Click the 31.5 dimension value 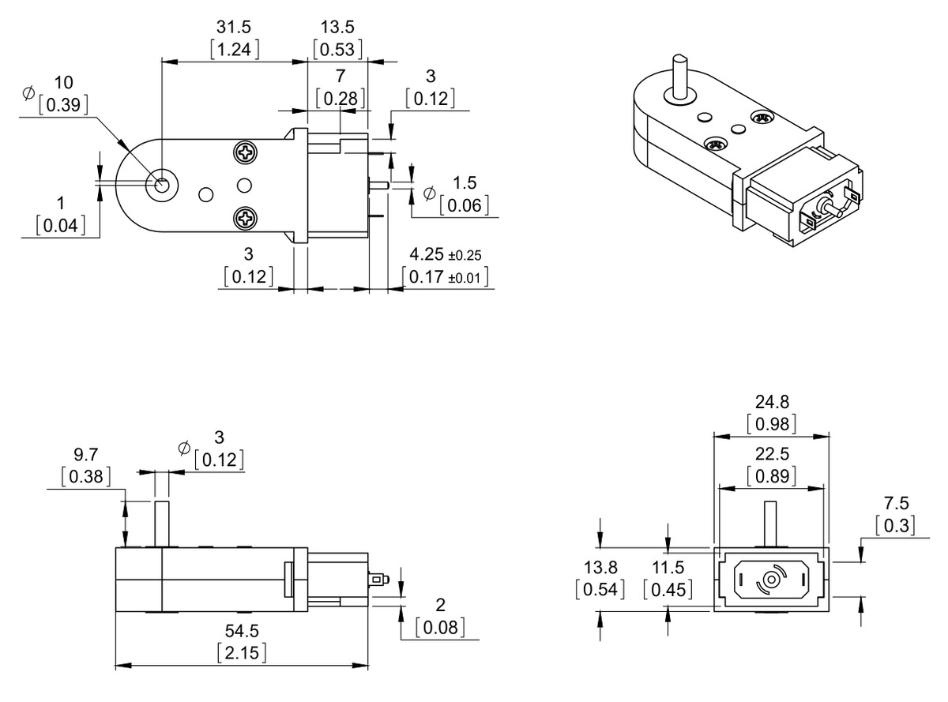(233, 27)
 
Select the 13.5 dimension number (337, 27)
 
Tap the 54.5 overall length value (242, 631)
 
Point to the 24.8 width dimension (772, 402)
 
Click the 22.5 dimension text (772, 453)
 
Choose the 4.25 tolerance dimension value (427, 254)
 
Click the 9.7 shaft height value (86, 455)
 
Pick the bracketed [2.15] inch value (242, 653)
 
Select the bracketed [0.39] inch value (63, 105)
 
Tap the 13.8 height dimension (600, 568)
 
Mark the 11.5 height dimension (668, 568)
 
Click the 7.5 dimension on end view (897, 503)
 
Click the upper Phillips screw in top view (246, 152)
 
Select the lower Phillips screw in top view (246, 220)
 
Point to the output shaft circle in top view (162, 186)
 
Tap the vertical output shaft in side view (161, 524)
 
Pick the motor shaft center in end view (772, 580)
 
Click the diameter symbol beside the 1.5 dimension (429, 193)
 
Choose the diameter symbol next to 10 (28, 92)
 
